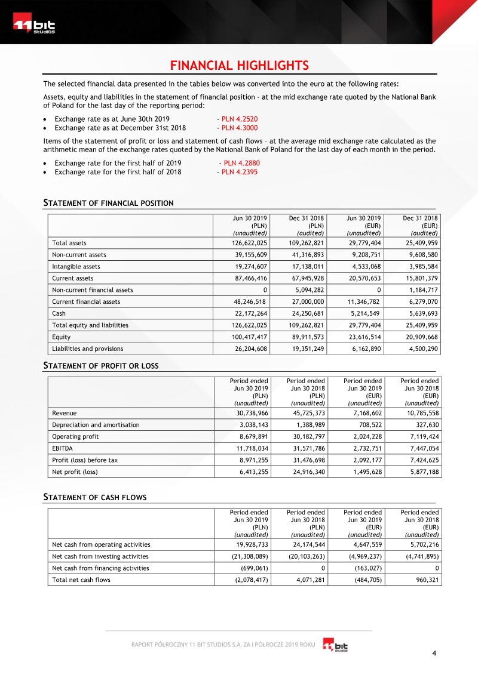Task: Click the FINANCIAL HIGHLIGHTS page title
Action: tap(239, 66)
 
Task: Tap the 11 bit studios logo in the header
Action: tap(35, 26)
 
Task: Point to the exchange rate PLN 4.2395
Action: tap(239, 172)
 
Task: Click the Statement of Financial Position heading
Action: tap(109, 203)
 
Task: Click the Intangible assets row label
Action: tap(76, 267)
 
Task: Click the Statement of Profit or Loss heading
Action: tap(101, 365)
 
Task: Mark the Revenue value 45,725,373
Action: tap(306, 413)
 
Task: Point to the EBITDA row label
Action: tap(63, 448)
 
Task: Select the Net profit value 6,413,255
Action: tap(252, 471)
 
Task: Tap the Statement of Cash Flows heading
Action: tap(95, 497)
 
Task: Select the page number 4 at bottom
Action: tap(434, 654)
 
